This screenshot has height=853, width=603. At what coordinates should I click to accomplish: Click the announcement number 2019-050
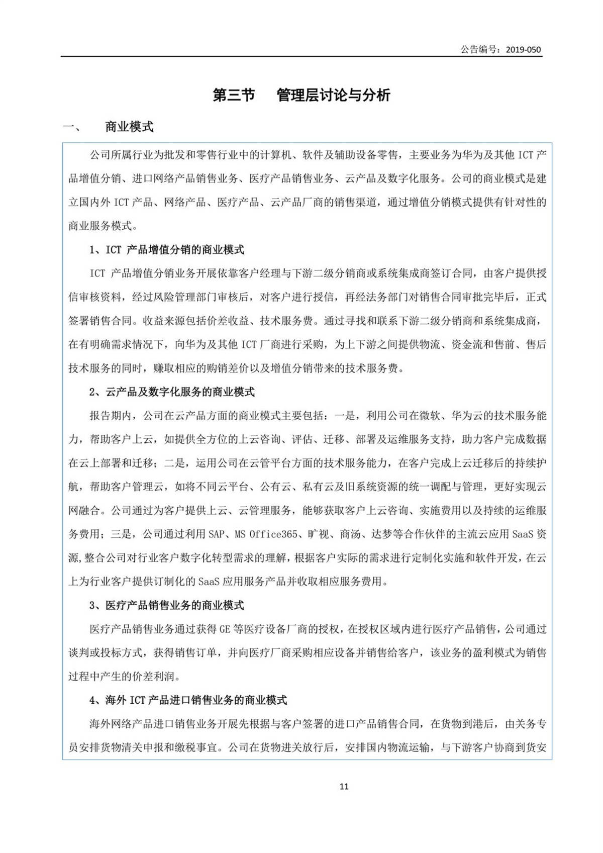coord(523,50)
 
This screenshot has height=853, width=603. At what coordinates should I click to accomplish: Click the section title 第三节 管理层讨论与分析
coord(301,95)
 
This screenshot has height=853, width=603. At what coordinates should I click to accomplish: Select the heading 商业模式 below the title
coord(129,127)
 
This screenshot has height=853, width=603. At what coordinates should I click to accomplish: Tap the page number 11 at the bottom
coord(344,787)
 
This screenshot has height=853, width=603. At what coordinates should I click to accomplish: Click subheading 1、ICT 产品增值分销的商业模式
coord(167,250)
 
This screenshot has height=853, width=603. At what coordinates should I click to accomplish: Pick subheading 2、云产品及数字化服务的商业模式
coord(172,392)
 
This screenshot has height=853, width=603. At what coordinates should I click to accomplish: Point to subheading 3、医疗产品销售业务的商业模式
coord(167,605)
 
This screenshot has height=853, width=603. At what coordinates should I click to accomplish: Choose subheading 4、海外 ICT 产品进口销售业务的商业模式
coord(188,700)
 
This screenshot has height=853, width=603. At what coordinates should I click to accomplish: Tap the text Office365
coord(273,534)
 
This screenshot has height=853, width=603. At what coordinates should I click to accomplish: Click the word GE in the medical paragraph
coord(225,629)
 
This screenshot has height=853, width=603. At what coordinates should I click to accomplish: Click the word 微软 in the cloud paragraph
coord(430,416)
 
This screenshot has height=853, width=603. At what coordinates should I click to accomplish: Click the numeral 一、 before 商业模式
coord(72,127)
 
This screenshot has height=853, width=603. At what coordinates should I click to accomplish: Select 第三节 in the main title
coord(234,95)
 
